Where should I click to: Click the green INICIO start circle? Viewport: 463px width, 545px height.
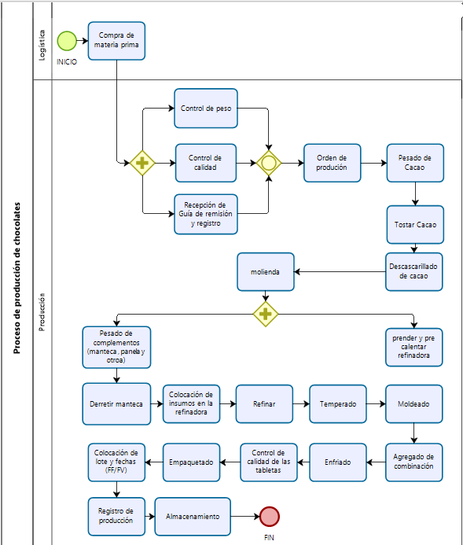(67, 41)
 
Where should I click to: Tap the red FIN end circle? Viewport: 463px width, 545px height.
(270, 517)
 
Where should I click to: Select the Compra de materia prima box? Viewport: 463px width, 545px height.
(116, 41)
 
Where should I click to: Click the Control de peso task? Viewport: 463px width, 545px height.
(206, 109)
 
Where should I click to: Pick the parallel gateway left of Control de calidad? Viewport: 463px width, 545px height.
(142, 163)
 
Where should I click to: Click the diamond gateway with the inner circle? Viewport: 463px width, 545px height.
(269, 163)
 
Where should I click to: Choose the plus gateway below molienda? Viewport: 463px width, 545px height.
(266, 315)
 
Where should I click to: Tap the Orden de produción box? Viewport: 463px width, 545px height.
(333, 163)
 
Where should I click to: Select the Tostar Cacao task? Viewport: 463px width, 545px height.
(415, 225)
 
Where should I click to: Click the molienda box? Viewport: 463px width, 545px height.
(266, 272)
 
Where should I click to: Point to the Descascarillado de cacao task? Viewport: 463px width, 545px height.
(414, 272)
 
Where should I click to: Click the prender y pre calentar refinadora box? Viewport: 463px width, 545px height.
(414, 348)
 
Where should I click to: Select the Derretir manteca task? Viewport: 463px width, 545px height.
(116, 404)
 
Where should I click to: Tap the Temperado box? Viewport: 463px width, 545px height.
(338, 404)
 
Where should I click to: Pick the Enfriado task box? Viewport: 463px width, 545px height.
(338, 462)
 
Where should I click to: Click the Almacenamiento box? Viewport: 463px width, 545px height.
(193, 517)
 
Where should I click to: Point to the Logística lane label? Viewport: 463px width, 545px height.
(42, 45)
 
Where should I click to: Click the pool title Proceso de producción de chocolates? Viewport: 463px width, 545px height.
(17, 278)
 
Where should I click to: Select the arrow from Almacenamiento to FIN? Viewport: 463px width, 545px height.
(245, 517)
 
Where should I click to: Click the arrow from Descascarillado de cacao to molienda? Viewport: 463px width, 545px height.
(340, 272)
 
